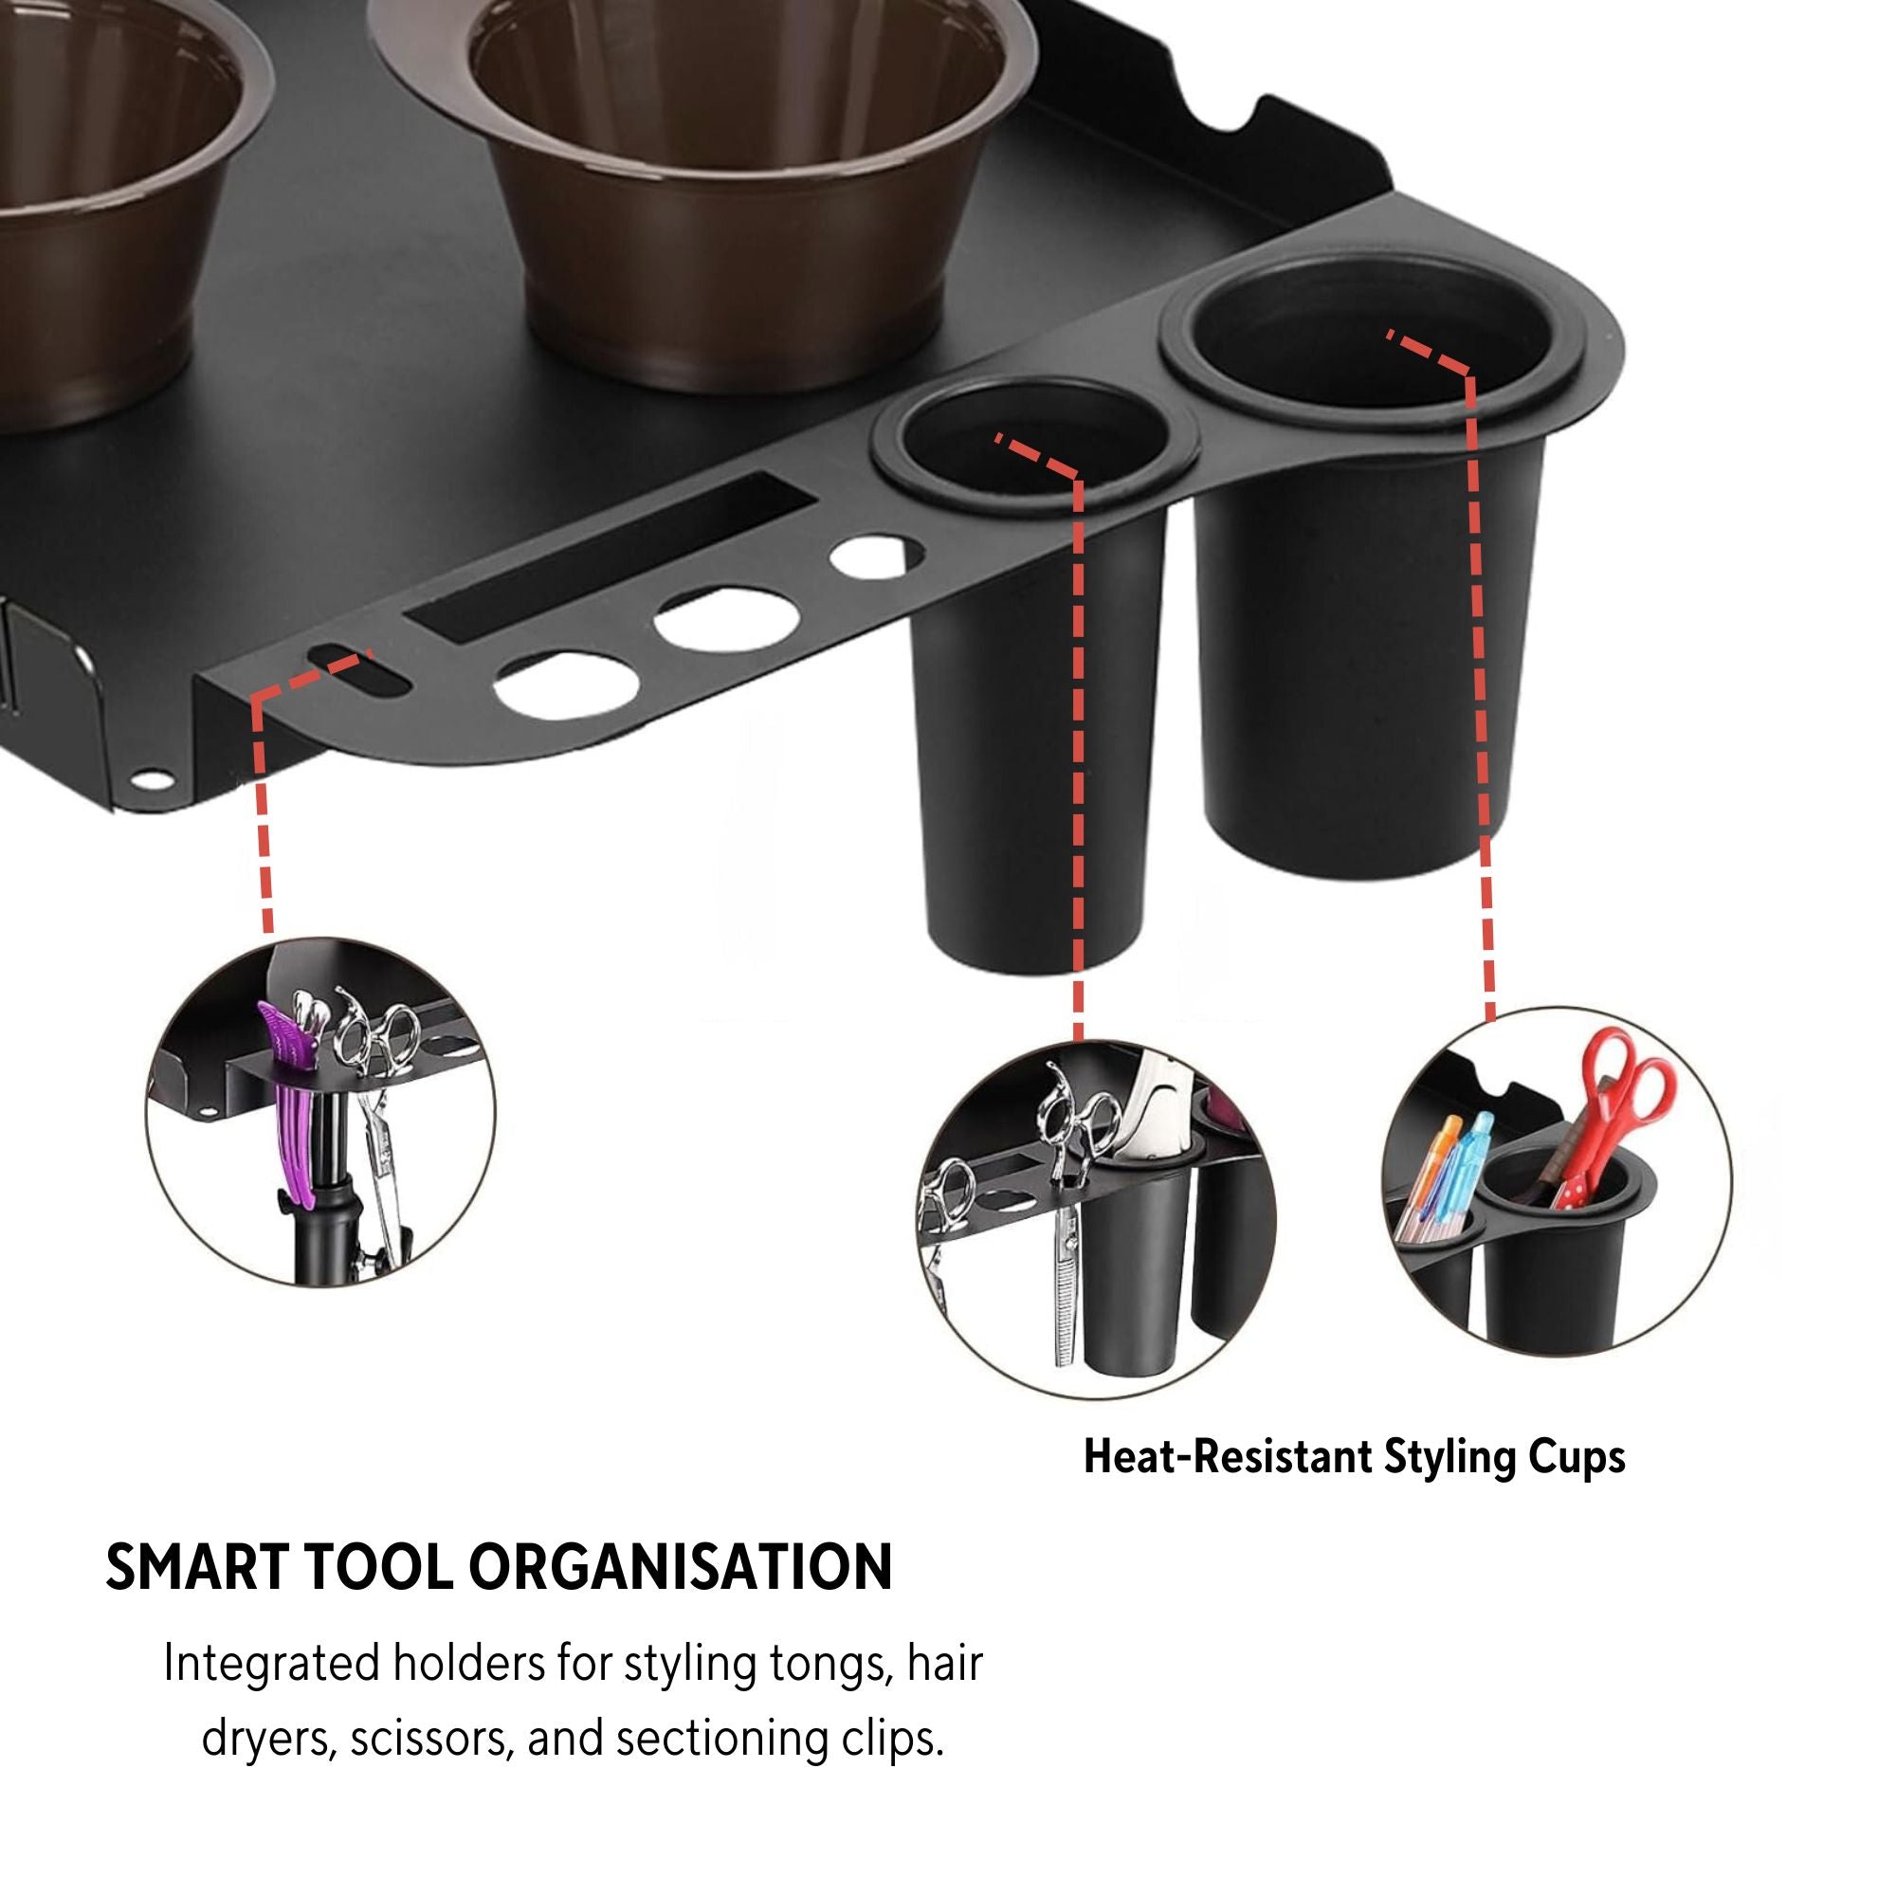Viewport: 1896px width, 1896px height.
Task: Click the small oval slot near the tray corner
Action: [359, 672]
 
